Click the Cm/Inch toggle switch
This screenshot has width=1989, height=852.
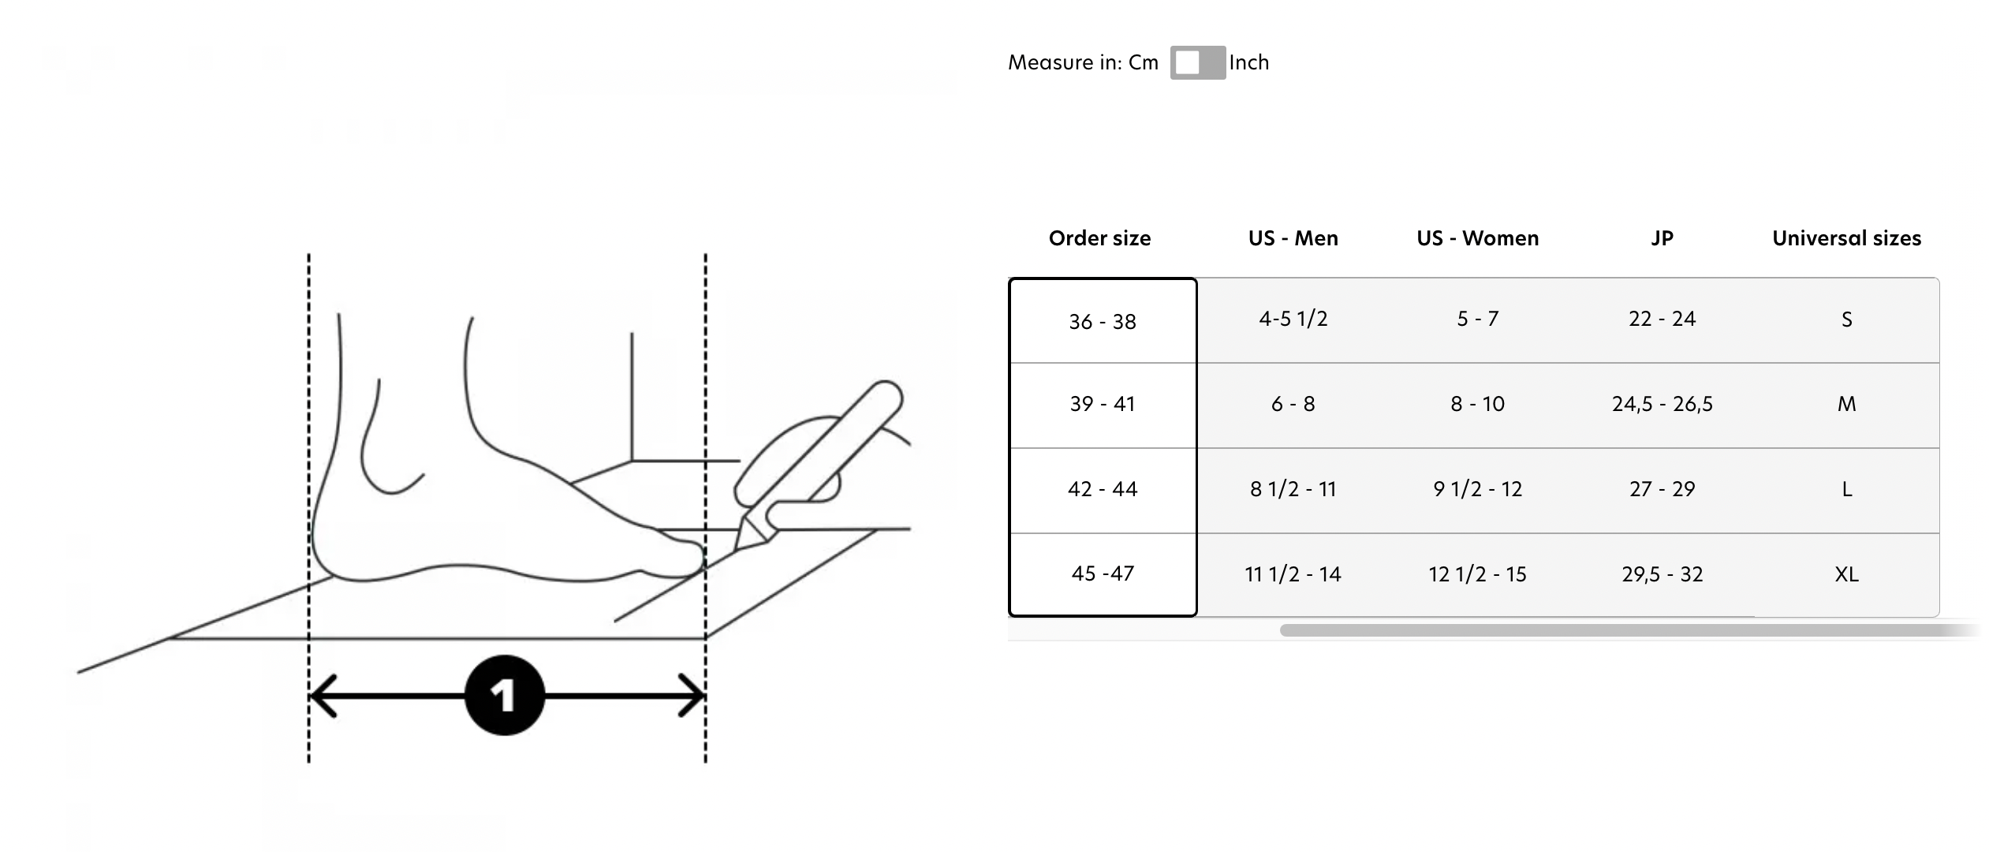pyautogui.click(x=1197, y=62)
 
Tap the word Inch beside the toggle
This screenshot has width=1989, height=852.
pyautogui.click(x=1249, y=62)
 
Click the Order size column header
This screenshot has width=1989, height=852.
pyautogui.click(x=1099, y=238)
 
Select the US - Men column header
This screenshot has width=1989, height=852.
pyautogui.click(x=1293, y=238)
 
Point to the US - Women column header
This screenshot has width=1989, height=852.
pyautogui.click(x=1478, y=238)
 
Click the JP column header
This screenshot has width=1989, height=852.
pyautogui.click(x=1662, y=238)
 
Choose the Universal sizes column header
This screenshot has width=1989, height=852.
pyautogui.click(x=1847, y=238)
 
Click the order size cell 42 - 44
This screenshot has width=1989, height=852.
pyautogui.click(x=1103, y=489)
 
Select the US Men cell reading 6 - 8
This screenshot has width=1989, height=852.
pyautogui.click(x=1293, y=404)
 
